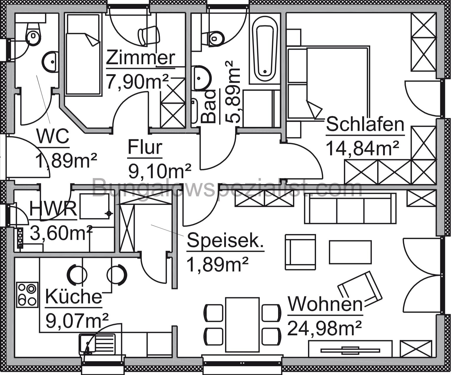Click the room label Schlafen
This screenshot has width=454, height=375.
(365, 125)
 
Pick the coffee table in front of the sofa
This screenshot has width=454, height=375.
(350, 252)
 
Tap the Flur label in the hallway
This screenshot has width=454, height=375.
(145, 148)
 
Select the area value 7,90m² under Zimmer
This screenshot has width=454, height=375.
(137, 82)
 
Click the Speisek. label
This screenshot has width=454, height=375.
(225, 241)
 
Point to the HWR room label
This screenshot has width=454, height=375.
(53, 209)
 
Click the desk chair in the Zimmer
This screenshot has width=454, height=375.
(149, 35)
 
